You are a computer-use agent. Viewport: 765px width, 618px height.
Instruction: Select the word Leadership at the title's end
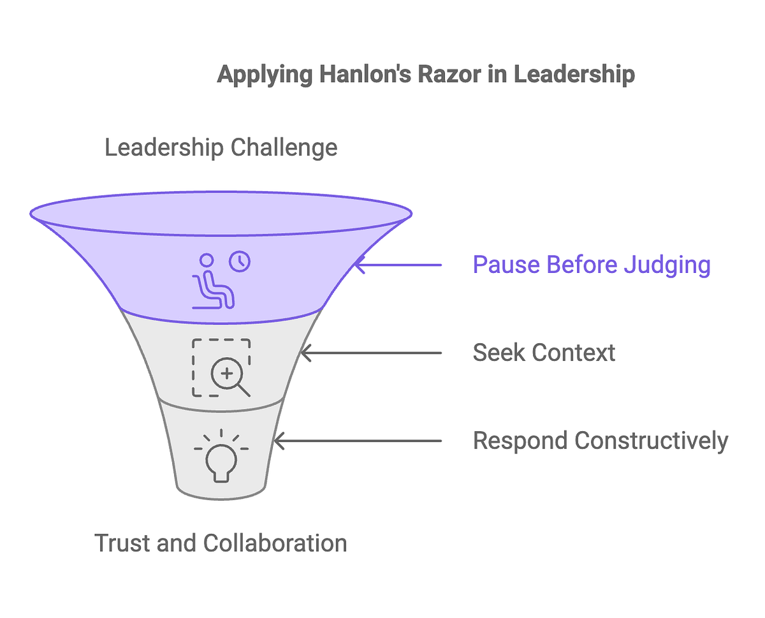[574, 75]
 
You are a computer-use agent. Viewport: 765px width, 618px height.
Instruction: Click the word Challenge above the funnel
[284, 148]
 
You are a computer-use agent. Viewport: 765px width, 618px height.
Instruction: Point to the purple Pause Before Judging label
[591, 264]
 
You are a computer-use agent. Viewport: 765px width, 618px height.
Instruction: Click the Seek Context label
[544, 353]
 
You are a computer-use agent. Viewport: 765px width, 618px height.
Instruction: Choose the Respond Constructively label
[600, 441]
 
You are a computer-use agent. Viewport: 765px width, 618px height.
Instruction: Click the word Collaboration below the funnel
[275, 543]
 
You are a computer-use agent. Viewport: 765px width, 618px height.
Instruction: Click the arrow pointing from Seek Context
[370, 353]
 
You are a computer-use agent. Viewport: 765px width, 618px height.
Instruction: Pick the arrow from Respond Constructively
[357, 441]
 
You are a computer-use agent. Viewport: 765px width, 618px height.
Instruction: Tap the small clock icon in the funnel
[240, 261]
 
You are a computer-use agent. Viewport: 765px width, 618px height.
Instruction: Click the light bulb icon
[221, 456]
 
